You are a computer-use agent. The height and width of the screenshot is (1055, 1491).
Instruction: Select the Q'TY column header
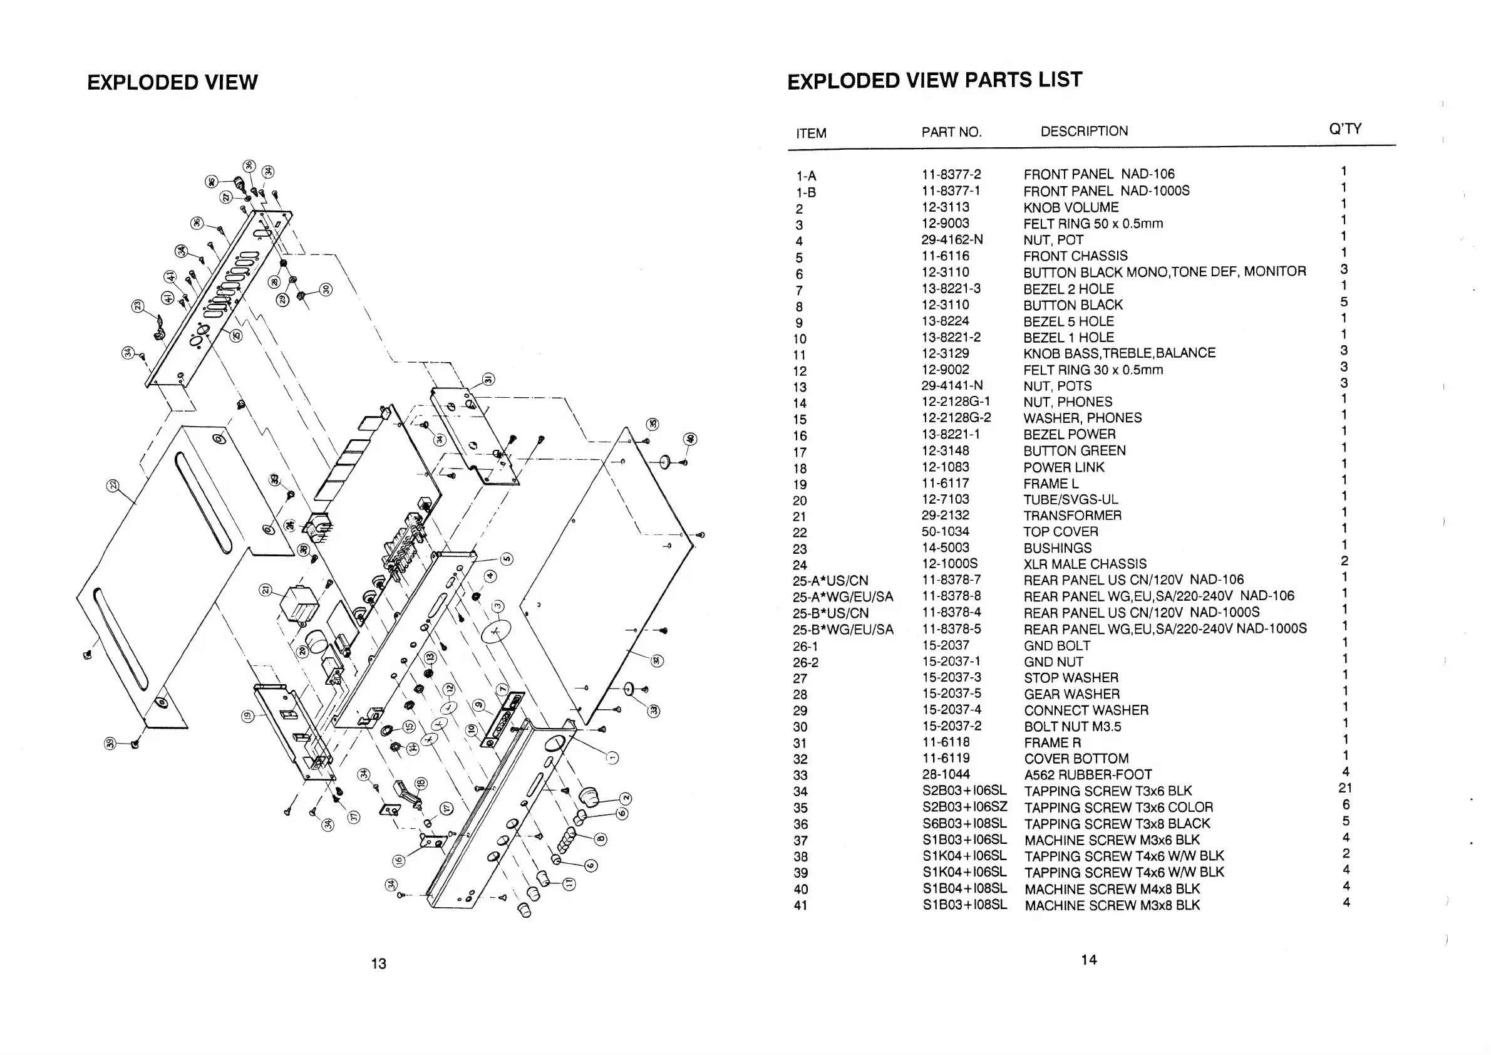click(x=1345, y=128)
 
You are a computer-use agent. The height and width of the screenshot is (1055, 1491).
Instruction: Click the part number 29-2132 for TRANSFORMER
click(x=945, y=515)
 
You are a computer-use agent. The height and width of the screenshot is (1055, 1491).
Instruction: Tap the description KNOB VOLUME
click(x=1071, y=208)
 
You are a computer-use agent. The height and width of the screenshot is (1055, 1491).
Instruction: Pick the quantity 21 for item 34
click(x=1345, y=788)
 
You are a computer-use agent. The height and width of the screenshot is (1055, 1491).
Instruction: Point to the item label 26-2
click(x=805, y=663)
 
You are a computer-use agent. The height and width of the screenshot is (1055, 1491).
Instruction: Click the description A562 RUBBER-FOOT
click(x=1088, y=775)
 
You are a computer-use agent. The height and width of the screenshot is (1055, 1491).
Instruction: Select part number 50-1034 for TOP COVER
click(x=946, y=531)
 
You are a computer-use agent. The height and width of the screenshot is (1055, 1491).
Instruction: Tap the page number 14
click(x=1089, y=960)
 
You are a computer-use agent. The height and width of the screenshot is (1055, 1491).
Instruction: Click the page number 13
click(x=379, y=964)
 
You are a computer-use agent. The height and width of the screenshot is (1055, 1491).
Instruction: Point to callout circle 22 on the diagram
click(x=113, y=486)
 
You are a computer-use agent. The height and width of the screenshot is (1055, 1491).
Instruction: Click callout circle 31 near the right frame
click(x=488, y=380)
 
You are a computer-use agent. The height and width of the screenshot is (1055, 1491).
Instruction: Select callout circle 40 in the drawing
click(x=689, y=439)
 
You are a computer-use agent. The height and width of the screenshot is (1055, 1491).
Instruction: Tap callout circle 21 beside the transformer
click(x=266, y=590)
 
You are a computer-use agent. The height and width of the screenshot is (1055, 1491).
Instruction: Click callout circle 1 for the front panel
click(x=612, y=757)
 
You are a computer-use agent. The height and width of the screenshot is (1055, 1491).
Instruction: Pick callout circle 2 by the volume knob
click(x=626, y=798)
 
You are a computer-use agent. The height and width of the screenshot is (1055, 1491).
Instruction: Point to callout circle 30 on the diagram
click(x=326, y=289)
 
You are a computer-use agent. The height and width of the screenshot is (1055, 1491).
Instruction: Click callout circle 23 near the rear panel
click(x=138, y=305)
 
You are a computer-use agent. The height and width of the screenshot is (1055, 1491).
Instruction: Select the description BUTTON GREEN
click(x=1074, y=451)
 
